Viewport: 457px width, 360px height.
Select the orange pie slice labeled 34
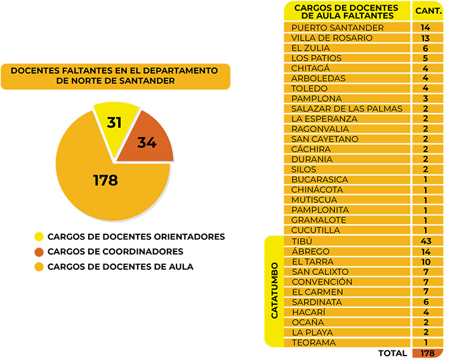click(147, 142)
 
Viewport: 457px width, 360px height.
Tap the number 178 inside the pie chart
click(105, 180)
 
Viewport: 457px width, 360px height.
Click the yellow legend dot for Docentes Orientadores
click(39, 237)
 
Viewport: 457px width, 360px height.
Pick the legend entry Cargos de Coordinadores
click(116, 251)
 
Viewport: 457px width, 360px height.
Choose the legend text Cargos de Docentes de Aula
click(120, 267)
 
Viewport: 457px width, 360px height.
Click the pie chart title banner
click(115, 76)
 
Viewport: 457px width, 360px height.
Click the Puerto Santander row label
click(337, 28)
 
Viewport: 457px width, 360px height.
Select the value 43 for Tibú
click(425, 241)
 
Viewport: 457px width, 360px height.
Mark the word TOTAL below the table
click(392, 353)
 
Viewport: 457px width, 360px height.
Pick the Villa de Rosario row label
click(331, 38)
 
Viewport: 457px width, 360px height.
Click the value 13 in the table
click(425, 38)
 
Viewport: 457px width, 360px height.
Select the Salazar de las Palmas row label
click(347, 109)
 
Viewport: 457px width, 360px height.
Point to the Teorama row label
click(314, 343)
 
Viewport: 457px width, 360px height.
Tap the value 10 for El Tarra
click(425, 262)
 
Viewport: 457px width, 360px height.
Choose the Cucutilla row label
click(315, 230)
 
